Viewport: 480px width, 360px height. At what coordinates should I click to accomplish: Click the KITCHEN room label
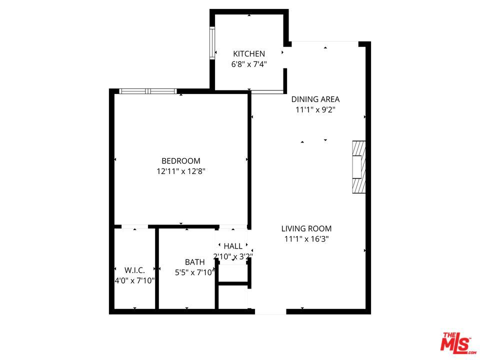[x=249, y=53]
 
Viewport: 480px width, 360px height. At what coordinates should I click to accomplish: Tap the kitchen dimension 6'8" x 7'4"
[x=249, y=64]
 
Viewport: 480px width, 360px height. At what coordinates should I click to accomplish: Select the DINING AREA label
[x=315, y=99]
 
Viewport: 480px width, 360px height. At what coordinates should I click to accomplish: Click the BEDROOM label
[x=180, y=160]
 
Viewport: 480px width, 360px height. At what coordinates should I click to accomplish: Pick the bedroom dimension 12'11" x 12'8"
[x=180, y=171]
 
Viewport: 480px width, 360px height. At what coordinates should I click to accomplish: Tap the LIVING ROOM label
[x=306, y=228]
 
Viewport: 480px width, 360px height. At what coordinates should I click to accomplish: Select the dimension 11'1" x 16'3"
[x=306, y=239]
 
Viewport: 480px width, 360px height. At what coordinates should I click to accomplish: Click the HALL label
[x=233, y=246]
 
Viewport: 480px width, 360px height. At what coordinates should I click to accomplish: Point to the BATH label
[x=194, y=262]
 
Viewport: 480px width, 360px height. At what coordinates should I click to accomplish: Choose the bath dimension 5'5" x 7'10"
[x=194, y=272]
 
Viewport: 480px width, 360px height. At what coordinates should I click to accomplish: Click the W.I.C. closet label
[x=134, y=270]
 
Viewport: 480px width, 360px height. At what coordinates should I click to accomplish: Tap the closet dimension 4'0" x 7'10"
[x=135, y=280]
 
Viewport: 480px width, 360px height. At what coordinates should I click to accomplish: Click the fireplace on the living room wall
[x=358, y=166]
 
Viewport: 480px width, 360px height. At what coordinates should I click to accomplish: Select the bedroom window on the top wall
[x=148, y=91]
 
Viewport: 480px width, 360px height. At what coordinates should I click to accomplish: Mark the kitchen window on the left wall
[x=212, y=43]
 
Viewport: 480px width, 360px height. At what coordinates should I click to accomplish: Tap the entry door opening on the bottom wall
[x=270, y=311]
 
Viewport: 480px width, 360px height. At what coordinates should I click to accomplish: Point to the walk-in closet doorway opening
[x=134, y=227]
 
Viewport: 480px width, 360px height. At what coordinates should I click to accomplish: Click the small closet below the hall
[x=233, y=297]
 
